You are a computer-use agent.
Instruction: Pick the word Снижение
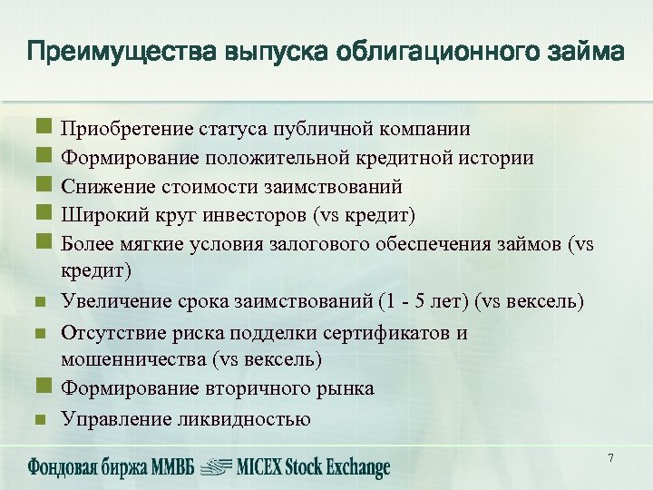point(100,186)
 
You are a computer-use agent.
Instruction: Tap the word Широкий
point(97,214)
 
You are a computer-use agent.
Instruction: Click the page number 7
point(610,458)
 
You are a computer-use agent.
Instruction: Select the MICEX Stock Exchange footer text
point(312,467)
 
